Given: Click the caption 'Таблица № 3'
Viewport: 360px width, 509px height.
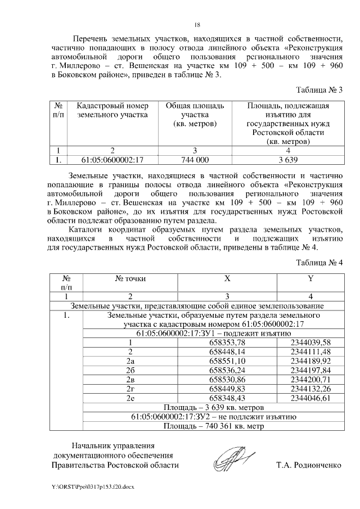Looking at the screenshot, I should coord(319,89).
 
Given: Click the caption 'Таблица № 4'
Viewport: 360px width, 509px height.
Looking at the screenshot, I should coord(319,263).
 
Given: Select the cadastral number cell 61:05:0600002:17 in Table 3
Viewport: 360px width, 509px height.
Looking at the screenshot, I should coord(112,159).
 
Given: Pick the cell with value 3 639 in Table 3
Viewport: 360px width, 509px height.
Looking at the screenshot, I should coord(287,159).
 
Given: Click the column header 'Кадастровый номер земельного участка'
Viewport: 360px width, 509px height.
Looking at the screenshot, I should coord(112,111).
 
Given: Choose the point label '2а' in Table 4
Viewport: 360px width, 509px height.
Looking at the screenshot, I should coord(130,361).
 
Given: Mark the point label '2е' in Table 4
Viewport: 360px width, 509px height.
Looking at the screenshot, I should coord(130,398).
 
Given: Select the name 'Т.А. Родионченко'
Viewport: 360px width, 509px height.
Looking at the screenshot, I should coord(309,465).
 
